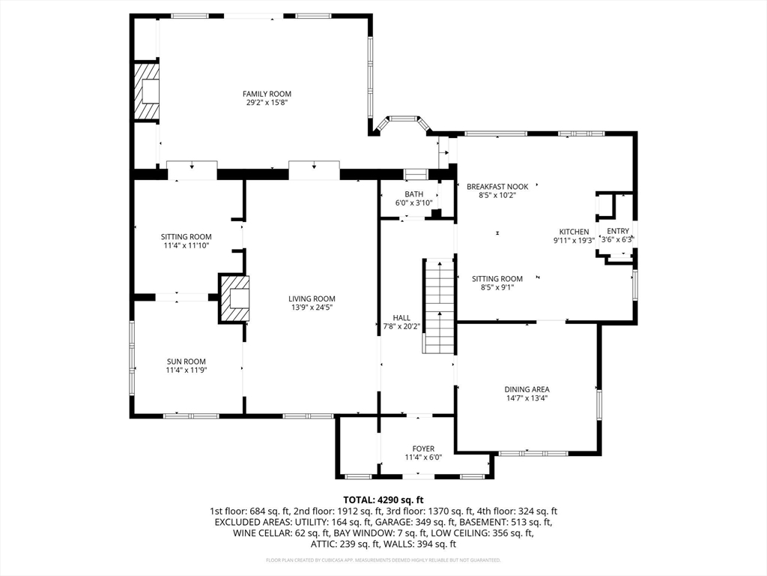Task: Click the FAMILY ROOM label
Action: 267,94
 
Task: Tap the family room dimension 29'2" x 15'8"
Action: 267,103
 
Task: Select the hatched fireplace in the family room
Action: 148,91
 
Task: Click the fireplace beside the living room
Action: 234,298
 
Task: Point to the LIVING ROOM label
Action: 312,298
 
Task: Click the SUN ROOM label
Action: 186,361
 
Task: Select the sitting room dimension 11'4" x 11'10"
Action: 186,245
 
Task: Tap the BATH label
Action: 413,194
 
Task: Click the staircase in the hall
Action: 439,305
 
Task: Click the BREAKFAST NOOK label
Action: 497,187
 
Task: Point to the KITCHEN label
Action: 574,232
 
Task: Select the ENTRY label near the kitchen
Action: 618,231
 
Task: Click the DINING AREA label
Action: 527,389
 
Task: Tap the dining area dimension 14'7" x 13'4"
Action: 527,398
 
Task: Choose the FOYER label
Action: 423,448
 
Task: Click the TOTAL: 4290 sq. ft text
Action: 383,499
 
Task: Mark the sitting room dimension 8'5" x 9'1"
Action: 497,287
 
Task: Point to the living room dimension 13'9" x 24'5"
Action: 312,307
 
